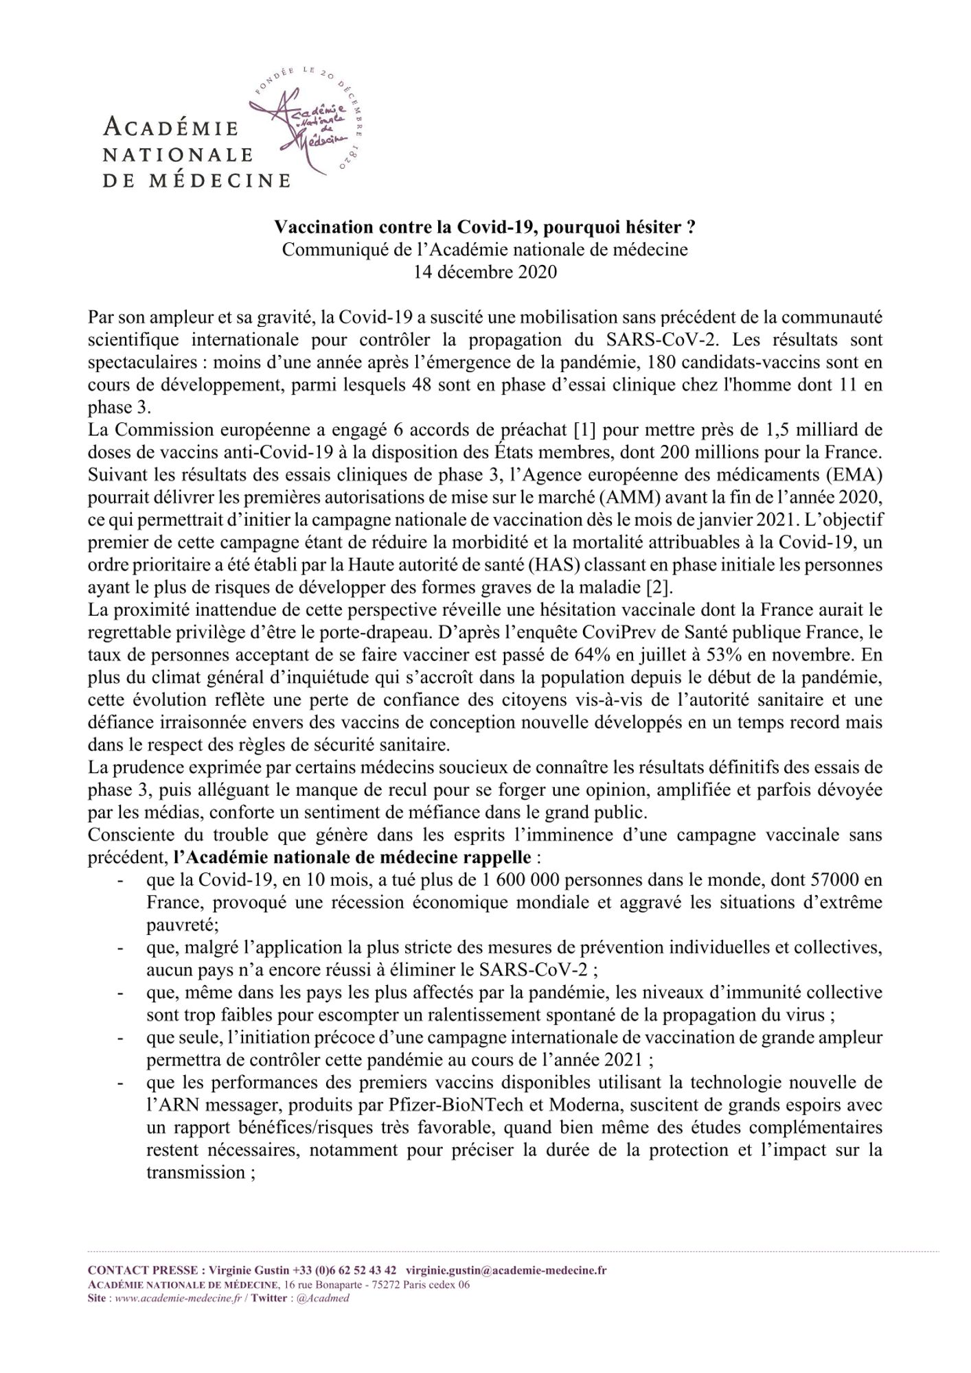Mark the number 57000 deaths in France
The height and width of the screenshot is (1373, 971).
pyautogui.click(x=840, y=881)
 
